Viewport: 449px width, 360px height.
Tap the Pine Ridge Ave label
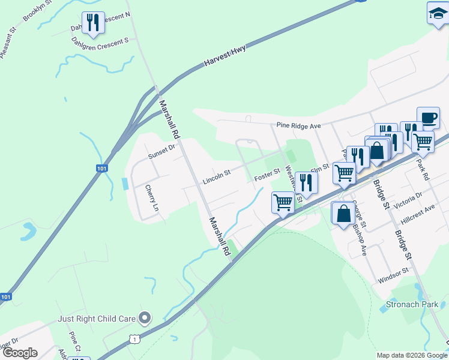tap(299, 126)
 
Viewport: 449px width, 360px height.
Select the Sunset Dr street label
tap(161, 152)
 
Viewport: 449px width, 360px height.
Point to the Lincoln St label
tap(217, 177)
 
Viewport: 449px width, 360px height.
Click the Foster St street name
tap(267, 175)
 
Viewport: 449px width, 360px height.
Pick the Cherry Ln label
tap(151, 198)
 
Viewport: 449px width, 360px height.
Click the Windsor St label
tap(393, 276)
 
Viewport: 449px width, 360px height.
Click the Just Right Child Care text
tap(96, 319)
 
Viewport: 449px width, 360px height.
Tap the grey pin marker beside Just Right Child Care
tap(144, 317)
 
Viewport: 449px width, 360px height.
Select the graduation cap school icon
tap(438, 13)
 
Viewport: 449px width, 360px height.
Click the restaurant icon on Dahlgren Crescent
tap(93, 22)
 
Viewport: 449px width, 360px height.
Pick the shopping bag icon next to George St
tap(343, 214)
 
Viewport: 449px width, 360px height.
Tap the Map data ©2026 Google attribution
tap(411, 355)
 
